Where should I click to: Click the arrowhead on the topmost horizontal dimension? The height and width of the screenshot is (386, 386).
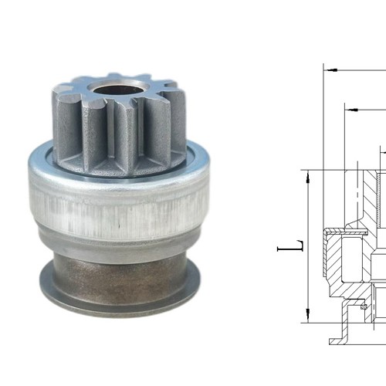coord(328,69)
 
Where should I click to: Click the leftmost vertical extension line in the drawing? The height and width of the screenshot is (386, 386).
coord(322,193)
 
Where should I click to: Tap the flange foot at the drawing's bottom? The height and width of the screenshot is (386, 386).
coord(340,338)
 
